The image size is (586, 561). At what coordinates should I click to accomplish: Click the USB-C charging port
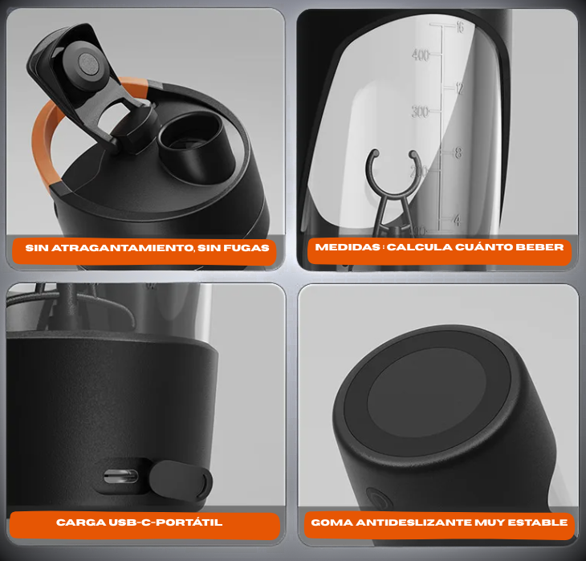coord(120,477)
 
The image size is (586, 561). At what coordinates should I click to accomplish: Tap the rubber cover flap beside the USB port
coord(181,480)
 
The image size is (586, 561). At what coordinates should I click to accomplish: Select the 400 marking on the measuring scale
coord(421,55)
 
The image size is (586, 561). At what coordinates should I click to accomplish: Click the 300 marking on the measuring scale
coord(420,112)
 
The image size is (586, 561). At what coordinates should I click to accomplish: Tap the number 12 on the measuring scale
coord(459,88)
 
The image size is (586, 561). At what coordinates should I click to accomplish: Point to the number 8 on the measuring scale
coord(458,152)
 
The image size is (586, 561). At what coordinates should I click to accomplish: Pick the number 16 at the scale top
coord(460,27)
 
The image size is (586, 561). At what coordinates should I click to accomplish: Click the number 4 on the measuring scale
coord(457,220)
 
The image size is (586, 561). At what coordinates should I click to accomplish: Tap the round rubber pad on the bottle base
coord(427,392)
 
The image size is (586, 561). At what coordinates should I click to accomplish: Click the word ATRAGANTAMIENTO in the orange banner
coord(123,248)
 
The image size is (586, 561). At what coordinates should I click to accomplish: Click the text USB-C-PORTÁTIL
coord(165,522)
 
